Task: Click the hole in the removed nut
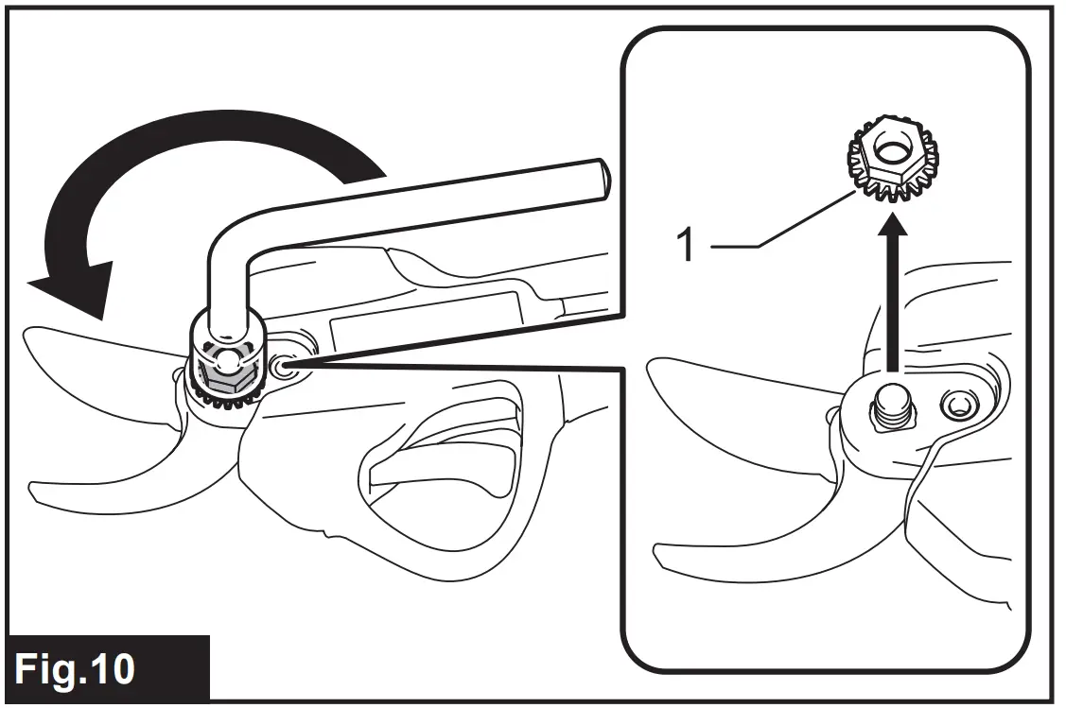(x=890, y=146)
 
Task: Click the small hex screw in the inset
(x=957, y=406)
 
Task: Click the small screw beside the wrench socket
(x=283, y=367)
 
